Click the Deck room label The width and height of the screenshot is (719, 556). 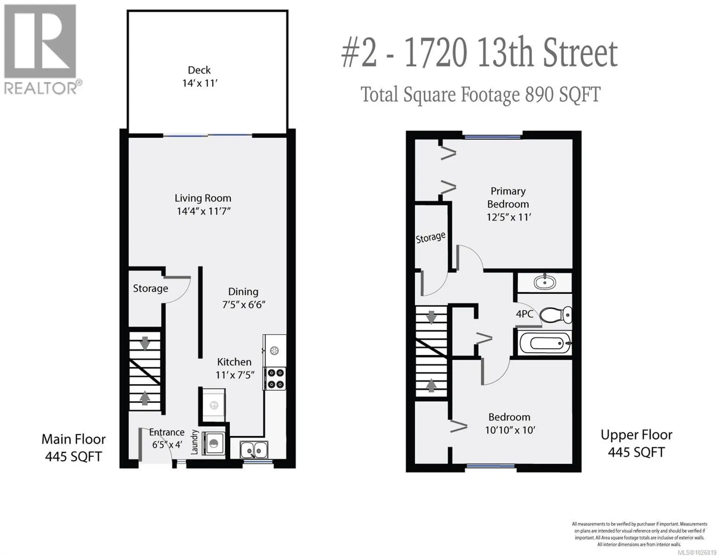point(199,70)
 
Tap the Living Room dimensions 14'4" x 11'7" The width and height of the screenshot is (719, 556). point(203,211)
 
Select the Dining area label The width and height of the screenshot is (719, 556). point(243,291)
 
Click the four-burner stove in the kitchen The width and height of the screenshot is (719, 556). point(275,378)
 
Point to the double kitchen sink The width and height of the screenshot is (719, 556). point(254,449)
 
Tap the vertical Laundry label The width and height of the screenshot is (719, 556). point(194,442)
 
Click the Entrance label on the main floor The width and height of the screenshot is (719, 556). point(167,432)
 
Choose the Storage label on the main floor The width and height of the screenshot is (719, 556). point(151,288)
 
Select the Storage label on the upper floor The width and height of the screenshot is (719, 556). point(431,238)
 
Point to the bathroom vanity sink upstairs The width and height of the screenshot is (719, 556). point(545,282)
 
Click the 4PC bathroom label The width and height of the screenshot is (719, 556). point(524,314)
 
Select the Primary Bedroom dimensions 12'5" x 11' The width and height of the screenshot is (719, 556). point(509,217)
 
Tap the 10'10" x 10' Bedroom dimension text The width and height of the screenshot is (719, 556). point(510,430)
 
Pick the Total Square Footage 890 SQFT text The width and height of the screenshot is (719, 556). point(480,94)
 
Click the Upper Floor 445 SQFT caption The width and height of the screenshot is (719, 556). point(636,443)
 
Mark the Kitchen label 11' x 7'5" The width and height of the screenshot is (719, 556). point(235,368)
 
